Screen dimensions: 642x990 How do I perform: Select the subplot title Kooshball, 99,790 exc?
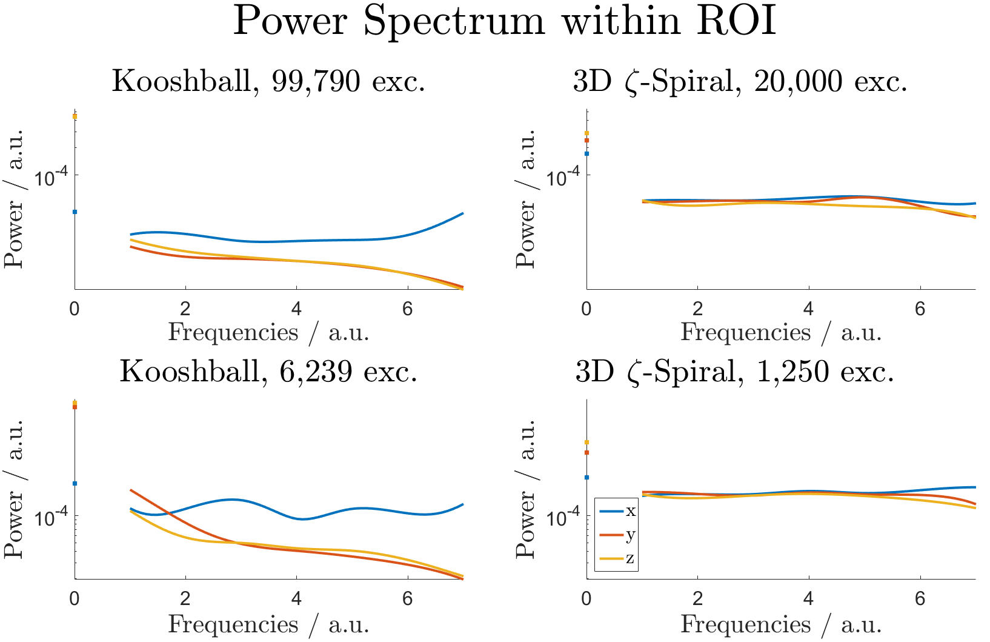click(x=268, y=81)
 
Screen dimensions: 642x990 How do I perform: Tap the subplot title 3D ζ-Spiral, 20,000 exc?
click(x=740, y=81)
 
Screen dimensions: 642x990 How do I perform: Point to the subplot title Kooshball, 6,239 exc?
click(x=268, y=371)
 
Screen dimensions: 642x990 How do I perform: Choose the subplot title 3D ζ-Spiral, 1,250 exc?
click(x=734, y=371)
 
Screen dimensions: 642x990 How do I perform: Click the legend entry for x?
click(x=617, y=511)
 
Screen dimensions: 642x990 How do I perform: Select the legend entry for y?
click(x=617, y=535)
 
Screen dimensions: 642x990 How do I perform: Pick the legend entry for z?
click(x=617, y=558)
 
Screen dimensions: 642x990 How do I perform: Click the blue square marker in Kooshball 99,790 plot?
click(x=75, y=212)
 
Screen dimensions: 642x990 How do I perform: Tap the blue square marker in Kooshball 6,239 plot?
click(x=75, y=483)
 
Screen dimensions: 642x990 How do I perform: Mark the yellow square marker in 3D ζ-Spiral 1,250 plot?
click(x=586, y=442)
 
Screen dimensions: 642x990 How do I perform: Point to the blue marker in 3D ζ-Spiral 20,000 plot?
click(x=586, y=153)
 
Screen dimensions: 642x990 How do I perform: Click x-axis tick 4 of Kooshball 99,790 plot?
click(x=296, y=309)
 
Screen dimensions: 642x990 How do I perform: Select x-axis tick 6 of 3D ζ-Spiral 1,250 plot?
click(x=920, y=599)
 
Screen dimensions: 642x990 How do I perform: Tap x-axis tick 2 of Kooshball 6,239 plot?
click(x=185, y=599)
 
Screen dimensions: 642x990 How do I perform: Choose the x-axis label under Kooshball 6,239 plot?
click(x=268, y=624)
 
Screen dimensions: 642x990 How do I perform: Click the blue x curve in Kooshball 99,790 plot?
click(x=297, y=241)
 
